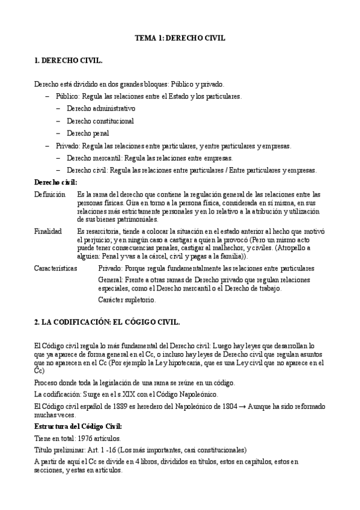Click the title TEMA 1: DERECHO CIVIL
[x=180, y=38]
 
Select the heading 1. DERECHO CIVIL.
[x=68, y=61]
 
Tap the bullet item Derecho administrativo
[x=101, y=108]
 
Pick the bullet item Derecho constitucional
[x=100, y=121]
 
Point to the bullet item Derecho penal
[x=88, y=133]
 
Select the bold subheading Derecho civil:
[x=56, y=182]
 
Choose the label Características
[x=55, y=268]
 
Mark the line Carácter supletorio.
[x=127, y=300]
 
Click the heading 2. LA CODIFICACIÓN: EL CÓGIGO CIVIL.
[x=107, y=322]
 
